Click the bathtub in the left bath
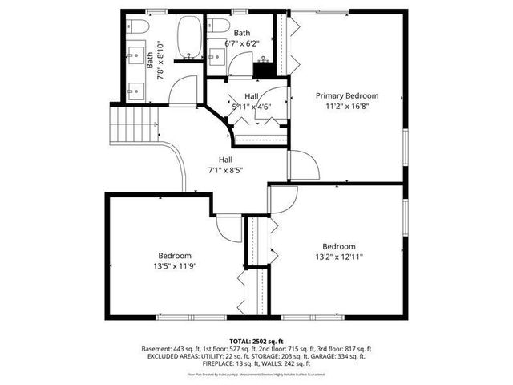point(190,39)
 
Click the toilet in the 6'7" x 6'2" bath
point(214,27)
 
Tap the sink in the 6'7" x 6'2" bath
point(216,55)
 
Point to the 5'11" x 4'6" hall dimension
point(251,106)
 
